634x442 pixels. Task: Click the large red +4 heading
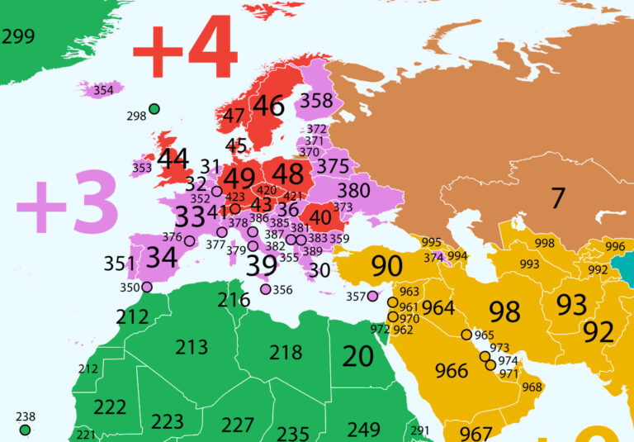tap(186, 51)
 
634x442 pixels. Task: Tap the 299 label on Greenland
tap(18, 36)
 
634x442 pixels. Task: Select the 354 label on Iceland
tap(103, 90)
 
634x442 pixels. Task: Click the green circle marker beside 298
tap(154, 109)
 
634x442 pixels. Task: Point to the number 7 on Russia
tap(558, 198)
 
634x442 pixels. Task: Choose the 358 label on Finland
tap(317, 101)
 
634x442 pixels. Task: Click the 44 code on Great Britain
tap(173, 158)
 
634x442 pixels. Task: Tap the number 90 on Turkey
tap(386, 266)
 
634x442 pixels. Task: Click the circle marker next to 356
tap(265, 289)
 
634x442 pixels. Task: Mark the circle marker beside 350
tap(147, 288)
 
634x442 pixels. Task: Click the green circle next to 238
tap(25, 430)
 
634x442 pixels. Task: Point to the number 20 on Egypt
tap(358, 356)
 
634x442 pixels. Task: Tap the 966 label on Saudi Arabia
tap(451, 371)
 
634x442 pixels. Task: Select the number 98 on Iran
tap(504, 311)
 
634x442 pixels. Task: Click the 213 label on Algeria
tap(192, 346)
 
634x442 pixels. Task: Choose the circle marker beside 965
tap(466, 335)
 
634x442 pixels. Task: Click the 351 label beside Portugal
tap(120, 264)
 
